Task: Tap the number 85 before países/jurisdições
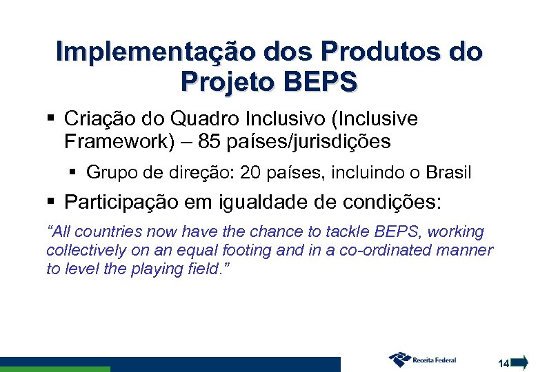click(208, 142)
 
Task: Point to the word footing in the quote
click(246, 250)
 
